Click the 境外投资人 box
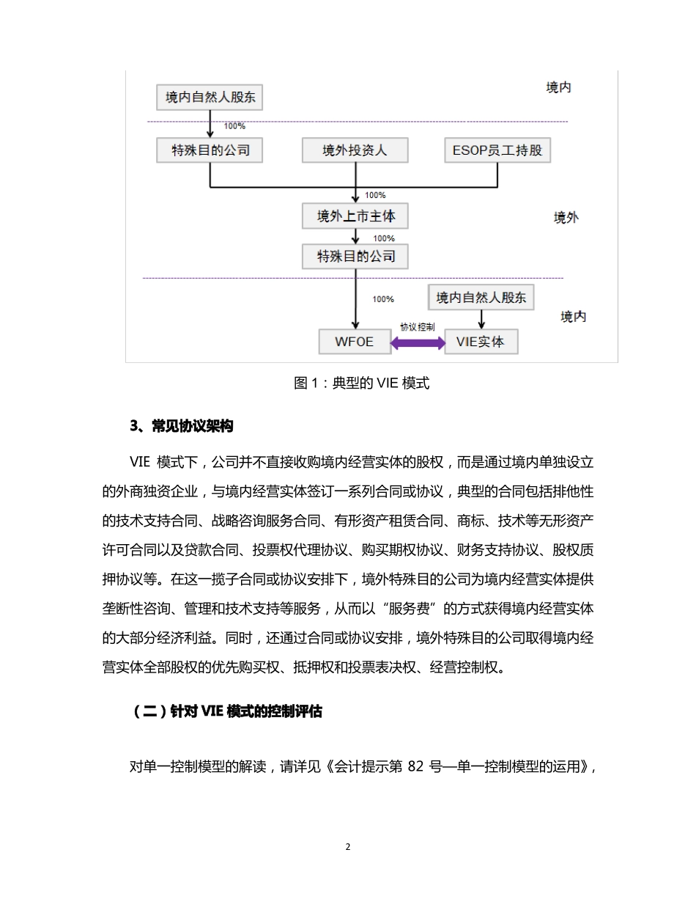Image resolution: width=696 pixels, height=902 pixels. pyautogui.click(x=355, y=150)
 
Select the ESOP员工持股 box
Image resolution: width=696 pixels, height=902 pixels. pyautogui.click(x=497, y=150)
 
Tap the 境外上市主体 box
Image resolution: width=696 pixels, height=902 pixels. pyautogui.click(x=355, y=216)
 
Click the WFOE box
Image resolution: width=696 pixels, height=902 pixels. pyautogui.click(x=355, y=342)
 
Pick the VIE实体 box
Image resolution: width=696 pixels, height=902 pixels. pyautogui.click(x=481, y=342)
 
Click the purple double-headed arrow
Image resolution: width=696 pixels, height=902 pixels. pyautogui.click(x=418, y=342)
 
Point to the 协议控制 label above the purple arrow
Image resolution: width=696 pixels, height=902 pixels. pyautogui.click(x=418, y=327)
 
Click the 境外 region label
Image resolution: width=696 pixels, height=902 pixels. pyautogui.click(x=566, y=218)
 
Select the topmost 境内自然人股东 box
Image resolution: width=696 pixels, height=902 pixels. pyautogui.click(x=210, y=97)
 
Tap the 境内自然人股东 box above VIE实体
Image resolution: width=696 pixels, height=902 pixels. pyautogui.click(x=481, y=298)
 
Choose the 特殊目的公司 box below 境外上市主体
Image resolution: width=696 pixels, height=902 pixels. pyautogui.click(x=355, y=257)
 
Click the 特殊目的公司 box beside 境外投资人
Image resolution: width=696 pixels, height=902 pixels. pyautogui.click(x=210, y=150)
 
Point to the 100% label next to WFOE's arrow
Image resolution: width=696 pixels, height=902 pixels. pyautogui.click(x=383, y=299)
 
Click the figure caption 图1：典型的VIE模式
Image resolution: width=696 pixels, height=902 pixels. pyautogui.click(x=361, y=383)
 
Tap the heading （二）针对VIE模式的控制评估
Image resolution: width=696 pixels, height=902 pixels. pyautogui.click(x=227, y=711)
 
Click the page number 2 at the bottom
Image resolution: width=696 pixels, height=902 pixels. pyautogui.click(x=348, y=847)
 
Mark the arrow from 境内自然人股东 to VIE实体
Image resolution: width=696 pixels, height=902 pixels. pyautogui.click(x=481, y=319)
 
